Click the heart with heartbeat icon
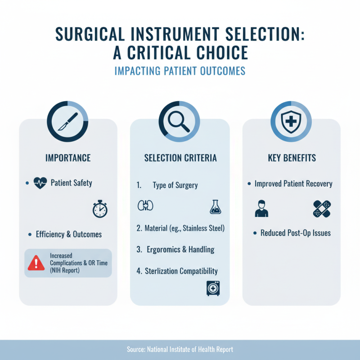[x=40, y=183]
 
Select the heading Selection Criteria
[x=180, y=158]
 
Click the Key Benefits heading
[x=292, y=158]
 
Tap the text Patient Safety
[x=72, y=183]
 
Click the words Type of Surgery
[x=175, y=185]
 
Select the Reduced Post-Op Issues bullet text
[x=296, y=233]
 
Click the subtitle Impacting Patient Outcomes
[x=180, y=71]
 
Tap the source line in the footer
[x=180, y=350]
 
